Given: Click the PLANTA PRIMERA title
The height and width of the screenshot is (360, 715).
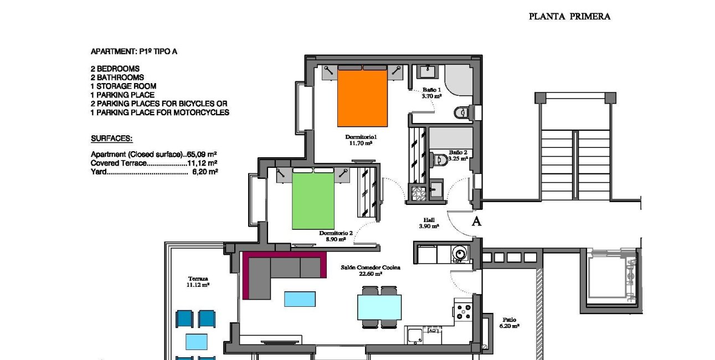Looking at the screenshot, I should point(569,17).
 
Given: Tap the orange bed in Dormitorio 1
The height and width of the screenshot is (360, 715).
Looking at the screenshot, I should point(362,97).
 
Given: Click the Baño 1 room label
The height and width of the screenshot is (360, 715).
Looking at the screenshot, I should point(431,92).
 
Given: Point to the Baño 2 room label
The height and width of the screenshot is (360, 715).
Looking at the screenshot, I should point(458,155).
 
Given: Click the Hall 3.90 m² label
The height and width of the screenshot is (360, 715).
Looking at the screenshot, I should point(429,223).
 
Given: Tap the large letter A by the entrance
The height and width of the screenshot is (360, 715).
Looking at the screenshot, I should point(475,222).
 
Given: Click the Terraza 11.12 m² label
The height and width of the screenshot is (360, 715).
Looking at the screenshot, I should point(198,281).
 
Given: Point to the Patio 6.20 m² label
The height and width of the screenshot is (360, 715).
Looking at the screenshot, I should point(509,323).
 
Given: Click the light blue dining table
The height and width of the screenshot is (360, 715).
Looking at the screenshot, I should point(379,307).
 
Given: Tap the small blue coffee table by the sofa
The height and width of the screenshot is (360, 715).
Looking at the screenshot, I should point(300,299).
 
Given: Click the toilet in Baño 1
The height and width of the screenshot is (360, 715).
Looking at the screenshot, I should point(461,112).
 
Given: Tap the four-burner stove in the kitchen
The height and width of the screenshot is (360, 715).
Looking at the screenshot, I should point(462,311).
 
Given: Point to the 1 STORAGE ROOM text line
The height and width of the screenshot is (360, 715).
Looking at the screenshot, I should point(124,86).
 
